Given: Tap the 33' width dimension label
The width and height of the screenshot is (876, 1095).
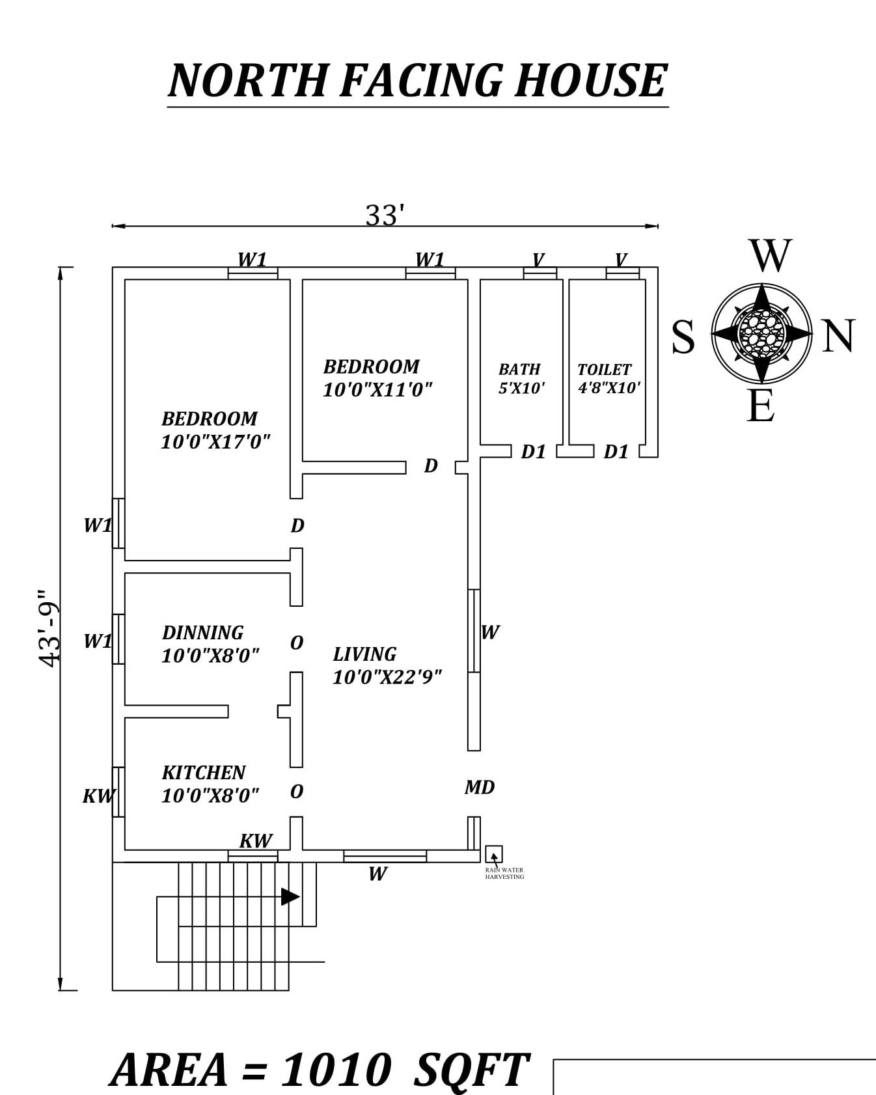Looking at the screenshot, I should coord(385,215).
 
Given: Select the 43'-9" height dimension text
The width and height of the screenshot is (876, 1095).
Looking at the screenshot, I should coord(49,629).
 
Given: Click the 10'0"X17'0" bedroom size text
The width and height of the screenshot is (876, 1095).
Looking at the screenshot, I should coord(215,442).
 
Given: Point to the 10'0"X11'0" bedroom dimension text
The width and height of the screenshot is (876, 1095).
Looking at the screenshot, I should coord(377,390).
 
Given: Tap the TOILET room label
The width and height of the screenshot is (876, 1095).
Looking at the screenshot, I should coord(604,370).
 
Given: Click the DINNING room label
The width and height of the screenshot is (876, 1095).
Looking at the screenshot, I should coord(202,633).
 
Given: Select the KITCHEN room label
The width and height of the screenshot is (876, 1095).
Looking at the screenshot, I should coord(204,773).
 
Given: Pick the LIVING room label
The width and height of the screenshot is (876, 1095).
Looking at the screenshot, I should coord(364,654).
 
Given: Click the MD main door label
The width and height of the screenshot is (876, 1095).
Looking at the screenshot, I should coord(480,788).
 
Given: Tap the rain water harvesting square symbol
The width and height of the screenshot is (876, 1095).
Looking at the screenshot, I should coord(494,854).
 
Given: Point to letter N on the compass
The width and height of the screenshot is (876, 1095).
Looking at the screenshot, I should coord(838,337).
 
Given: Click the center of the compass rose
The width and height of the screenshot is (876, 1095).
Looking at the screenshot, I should coord(761,333).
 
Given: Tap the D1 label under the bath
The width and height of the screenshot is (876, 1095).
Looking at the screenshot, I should coord(533,452).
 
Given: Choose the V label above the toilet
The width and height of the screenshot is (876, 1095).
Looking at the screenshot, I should coord(621,260).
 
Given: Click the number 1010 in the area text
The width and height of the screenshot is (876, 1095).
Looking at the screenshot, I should coord(336,1070).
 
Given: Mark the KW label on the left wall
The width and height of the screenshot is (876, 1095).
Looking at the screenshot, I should coord(98,796).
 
